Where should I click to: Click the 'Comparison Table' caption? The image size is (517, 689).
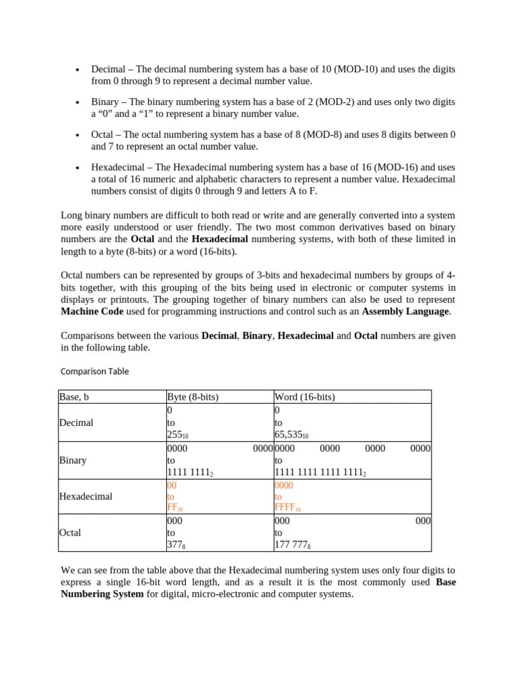click(x=94, y=371)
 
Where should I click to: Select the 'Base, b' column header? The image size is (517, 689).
click(x=74, y=397)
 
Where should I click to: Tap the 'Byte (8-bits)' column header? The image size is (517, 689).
click(x=193, y=397)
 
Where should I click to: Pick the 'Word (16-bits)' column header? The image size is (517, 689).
click(x=304, y=397)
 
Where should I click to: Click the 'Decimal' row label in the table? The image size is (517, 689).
click(x=76, y=423)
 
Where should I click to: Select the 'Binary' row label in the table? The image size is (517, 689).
click(x=73, y=460)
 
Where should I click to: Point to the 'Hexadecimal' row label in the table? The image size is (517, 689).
click(x=85, y=497)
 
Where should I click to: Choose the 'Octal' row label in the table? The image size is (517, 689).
click(x=71, y=532)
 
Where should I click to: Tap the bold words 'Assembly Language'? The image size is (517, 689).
click(x=405, y=312)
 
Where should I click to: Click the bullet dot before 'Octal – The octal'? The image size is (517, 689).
click(x=78, y=135)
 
